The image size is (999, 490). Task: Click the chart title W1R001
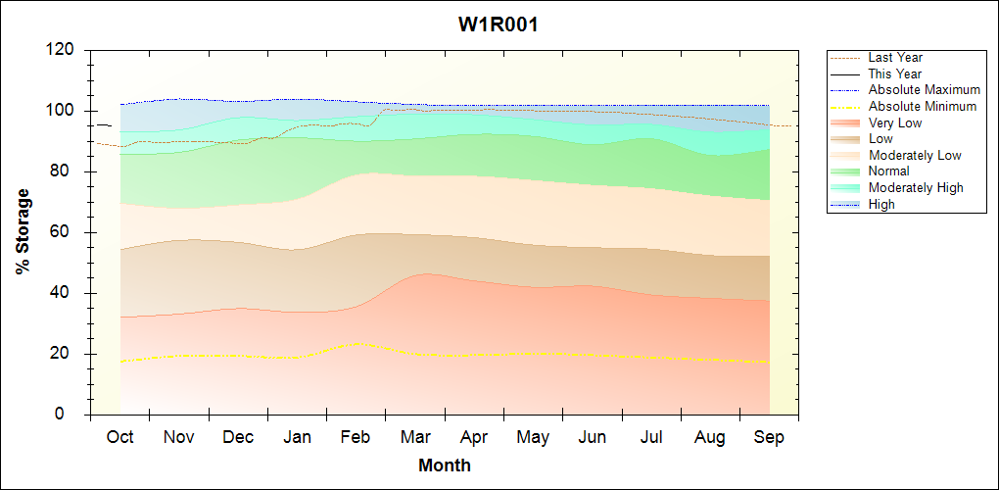coord(499,24)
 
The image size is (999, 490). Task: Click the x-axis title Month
coord(444,465)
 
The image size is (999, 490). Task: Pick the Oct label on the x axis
coord(119,437)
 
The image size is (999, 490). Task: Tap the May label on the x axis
coord(533,437)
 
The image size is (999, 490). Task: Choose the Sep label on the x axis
coord(769,437)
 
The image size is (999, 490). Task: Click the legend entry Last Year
coord(894,58)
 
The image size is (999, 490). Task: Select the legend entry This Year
coord(894,74)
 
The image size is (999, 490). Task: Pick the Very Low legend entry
coord(894,122)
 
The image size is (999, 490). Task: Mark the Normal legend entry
coord(888,171)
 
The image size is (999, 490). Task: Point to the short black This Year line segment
coord(103,125)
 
